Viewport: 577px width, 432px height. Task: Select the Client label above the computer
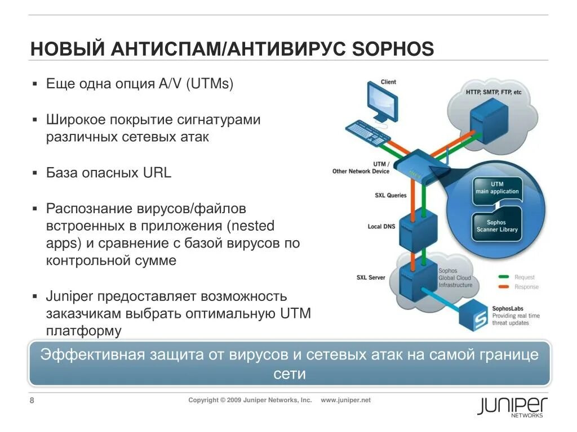tap(388, 82)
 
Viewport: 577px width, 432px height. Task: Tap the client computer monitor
tap(381, 101)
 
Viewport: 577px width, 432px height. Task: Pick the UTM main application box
tap(496, 188)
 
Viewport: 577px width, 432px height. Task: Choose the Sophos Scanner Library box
tap(496, 226)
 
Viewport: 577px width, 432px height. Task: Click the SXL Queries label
tap(390, 196)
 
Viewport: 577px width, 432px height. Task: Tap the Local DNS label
tap(381, 227)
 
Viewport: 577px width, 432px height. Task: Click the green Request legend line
tap(504, 277)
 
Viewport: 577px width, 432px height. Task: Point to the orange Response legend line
tap(504, 287)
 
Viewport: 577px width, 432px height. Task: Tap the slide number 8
tap(32, 400)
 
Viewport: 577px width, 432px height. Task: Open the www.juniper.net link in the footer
tap(346, 400)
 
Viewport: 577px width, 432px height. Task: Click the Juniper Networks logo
tap(512, 406)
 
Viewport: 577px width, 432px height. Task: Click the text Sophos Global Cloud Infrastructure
tap(455, 278)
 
